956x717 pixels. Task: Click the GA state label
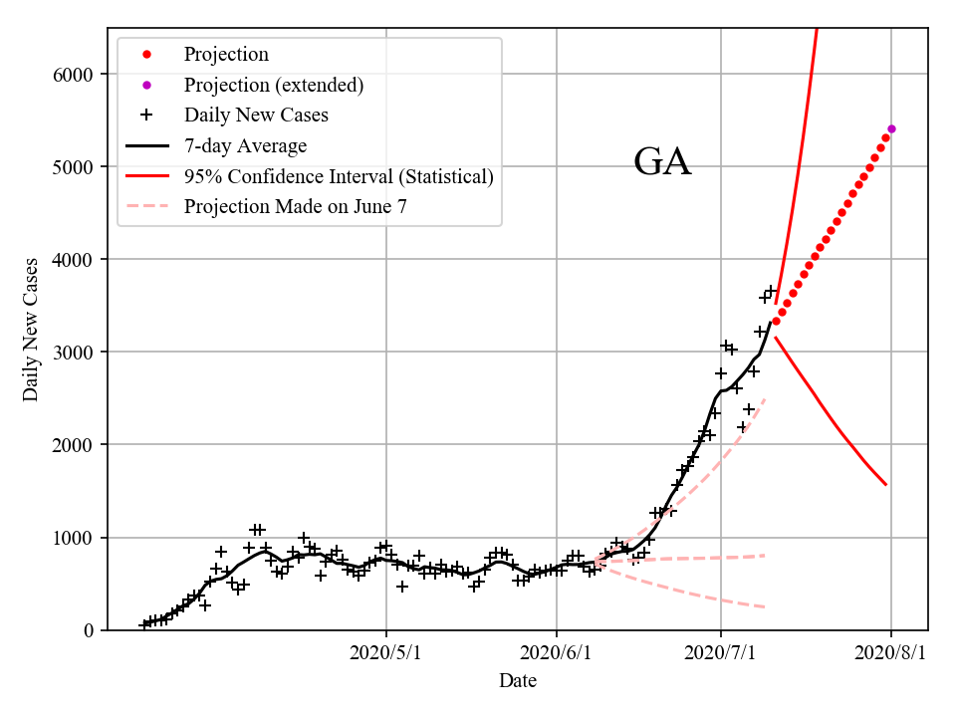click(662, 162)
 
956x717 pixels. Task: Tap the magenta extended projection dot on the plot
click(891, 128)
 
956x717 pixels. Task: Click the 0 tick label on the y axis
click(90, 630)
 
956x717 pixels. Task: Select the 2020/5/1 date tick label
click(386, 653)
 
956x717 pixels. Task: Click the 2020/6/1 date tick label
click(557, 653)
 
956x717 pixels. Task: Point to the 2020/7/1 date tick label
click(721, 653)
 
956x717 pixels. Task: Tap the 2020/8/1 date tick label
click(891, 653)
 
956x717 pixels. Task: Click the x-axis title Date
click(518, 681)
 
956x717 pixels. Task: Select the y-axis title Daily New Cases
click(31, 330)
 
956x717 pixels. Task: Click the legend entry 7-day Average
click(245, 146)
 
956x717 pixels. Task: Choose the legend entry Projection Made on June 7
click(295, 207)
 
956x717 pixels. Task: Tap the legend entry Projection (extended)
click(273, 86)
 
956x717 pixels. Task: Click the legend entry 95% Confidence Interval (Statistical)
click(339, 177)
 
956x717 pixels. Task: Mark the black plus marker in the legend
click(146, 116)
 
